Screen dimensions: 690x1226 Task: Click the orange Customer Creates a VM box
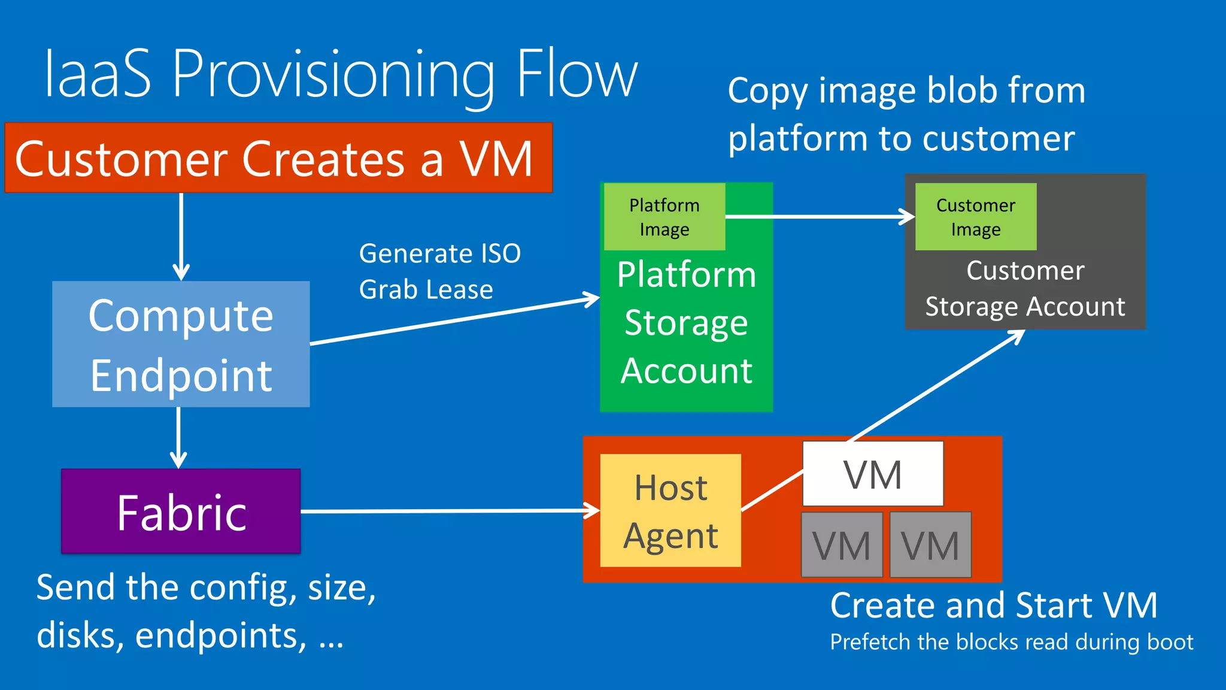pyautogui.click(x=278, y=158)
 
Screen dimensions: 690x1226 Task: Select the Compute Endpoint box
pyautogui.click(x=181, y=344)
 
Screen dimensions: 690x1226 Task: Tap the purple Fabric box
pyautogui.click(x=181, y=512)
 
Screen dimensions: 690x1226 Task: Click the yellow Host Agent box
pyautogui.click(x=670, y=510)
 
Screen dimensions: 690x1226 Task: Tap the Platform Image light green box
pyautogui.click(x=664, y=217)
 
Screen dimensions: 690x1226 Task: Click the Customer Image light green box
pyautogui.click(x=976, y=217)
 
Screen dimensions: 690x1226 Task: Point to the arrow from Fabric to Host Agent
pyautogui.click(x=449, y=511)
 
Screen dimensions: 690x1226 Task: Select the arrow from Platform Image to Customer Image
pyautogui.click(x=820, y=216)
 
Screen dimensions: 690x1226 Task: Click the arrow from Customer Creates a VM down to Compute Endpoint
pyautogui.click(x=181, y=237)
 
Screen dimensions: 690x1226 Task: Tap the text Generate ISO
pyautogui.click(x=440, y=253)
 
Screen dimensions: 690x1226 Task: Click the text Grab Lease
pyautogui.click(x=426, y=290)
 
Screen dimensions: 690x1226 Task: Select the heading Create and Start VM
pyautogui.click(x=994, y=605)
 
